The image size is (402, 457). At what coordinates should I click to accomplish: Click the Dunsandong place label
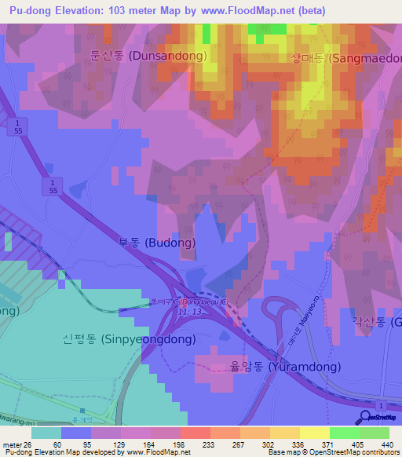point(148,56)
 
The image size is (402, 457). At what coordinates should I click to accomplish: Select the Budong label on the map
point(156,243)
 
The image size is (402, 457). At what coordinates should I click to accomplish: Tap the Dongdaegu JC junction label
point(185,301)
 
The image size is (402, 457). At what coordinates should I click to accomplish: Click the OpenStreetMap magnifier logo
point(365,419)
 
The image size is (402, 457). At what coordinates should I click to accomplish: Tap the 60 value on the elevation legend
point(57,444)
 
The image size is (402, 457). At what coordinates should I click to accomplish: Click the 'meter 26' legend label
point(19,444)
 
